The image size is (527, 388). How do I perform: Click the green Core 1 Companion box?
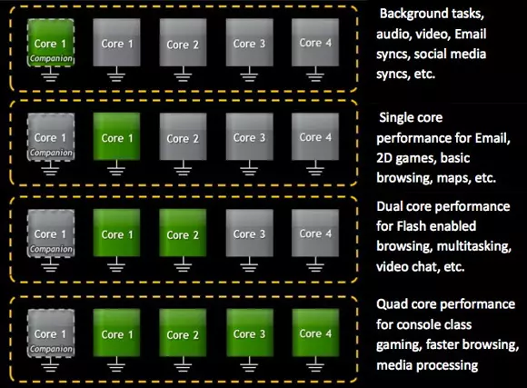pyautogui.click(x=50, y=43)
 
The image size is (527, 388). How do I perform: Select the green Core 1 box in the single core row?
pyautogui.click(x=116, y=136)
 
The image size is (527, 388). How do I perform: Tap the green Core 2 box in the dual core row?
pyautogui.click(x=183, y=233)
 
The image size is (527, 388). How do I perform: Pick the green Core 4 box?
pyautogui.click(x=315, y=333)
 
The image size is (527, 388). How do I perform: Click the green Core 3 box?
pyautogui.click(x=249, y=333)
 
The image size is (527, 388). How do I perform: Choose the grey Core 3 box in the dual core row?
pyautogui.click(x=249, y=233)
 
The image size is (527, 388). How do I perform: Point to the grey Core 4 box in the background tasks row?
pyautogui.click(x=315, y=43)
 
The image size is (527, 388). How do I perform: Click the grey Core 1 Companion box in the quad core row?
pyautogui.click(x=50, y=333)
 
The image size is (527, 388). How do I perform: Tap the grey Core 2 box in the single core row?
pyautogui.click(x=183, y=136)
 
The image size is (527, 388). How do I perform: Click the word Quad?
pyautogui.click(x=392, y=304)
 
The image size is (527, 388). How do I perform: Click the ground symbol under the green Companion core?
pyautogui.click(x=50, y=74)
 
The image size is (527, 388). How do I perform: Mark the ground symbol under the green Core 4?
pyautogui.click(x=315, y=364)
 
